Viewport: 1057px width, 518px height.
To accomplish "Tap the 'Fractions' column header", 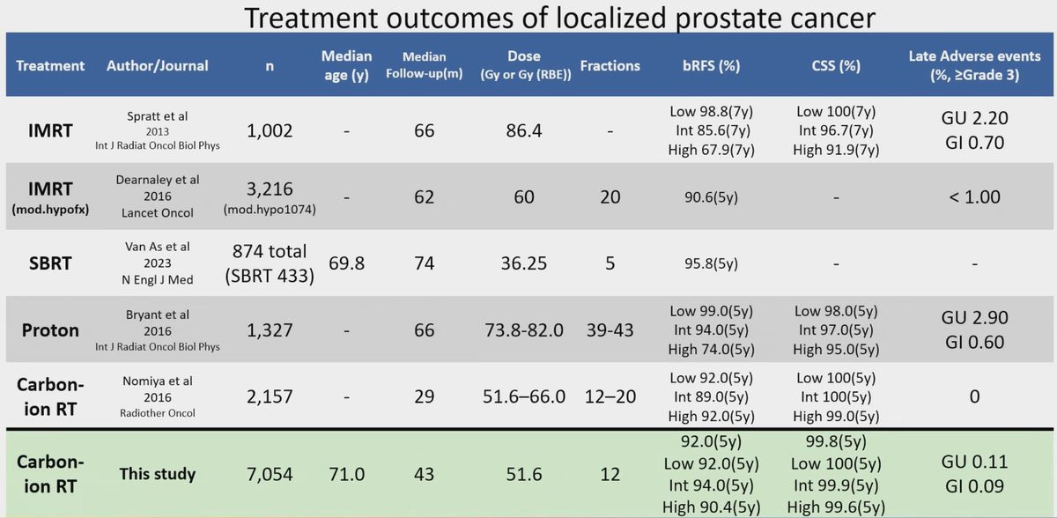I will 610,65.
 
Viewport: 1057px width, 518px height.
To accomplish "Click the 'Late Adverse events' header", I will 974,65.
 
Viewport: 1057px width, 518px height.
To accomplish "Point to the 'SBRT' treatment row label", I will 50,263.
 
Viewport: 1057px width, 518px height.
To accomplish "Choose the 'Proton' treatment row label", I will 50,330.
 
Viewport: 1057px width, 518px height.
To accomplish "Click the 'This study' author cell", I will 158,474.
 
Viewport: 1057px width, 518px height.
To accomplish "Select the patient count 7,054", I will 270,474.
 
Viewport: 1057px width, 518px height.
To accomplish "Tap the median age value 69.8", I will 346,263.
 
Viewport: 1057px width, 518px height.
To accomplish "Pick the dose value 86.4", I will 524,130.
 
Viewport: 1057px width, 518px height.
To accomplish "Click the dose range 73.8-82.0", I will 524,330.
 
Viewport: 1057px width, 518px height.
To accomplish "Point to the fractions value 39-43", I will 610,330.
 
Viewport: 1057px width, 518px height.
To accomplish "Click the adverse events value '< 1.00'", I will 974,196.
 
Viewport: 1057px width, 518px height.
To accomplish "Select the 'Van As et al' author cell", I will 158,263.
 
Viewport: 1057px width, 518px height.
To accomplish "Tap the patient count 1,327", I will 270,330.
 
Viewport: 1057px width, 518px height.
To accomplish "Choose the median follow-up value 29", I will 424,396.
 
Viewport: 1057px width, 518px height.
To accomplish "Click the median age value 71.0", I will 346,474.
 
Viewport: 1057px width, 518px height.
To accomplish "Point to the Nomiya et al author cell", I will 158,396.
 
